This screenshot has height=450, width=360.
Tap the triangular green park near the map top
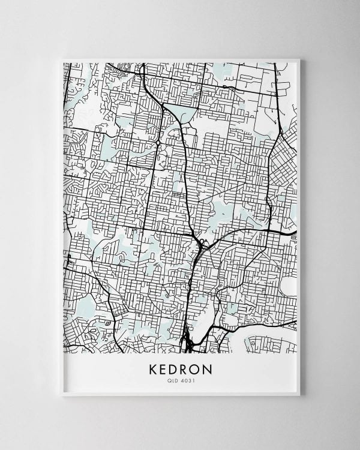(x=180, y=112)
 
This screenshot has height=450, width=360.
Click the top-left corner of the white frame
(x=62, y=59)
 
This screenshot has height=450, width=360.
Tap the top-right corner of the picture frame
(x=299, y=59)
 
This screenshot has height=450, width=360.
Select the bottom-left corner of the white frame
(x=62, y=395)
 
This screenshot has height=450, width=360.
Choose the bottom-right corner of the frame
(x=299, y=395)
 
